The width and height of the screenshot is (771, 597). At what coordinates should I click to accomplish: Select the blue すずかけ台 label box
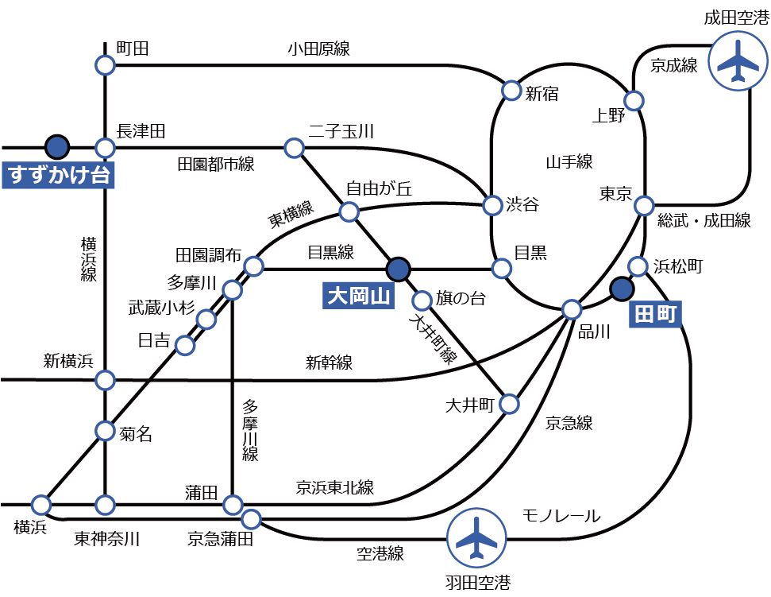pyautogui.click(x=57, y=174)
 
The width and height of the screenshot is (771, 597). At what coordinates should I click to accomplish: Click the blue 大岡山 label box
pyautogui.click(x=360, y=297)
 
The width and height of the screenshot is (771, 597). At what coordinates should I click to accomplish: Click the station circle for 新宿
pyautogui.click(x=511, y=90)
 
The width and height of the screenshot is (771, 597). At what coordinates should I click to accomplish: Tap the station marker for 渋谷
pyautogui.click(x=492, y=205)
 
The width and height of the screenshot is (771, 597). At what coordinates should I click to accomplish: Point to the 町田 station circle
pyautogui.click(x=105, y=65)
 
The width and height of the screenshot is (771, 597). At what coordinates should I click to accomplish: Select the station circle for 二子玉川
pyautogui.click(x=294, y=148)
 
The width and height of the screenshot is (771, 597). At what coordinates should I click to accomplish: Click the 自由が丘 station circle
pyautogui.click(x=349, y=211)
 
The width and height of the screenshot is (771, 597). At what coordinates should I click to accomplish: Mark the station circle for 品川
pyautogui.click(x=572, y=309)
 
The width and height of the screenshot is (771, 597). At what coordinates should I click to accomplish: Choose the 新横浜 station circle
pyautogui.click(x=105, y=380)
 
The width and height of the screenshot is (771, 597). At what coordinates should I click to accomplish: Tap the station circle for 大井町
pyautogui.click(x=509, y=404)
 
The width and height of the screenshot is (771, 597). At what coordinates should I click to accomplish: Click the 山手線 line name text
pyautogui.click(x=569, y=162)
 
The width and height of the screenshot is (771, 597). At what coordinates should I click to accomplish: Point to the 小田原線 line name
pyautogui.click(x=318, y=48)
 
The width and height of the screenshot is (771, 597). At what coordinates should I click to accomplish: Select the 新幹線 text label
pyautogui.click(x=329, y=362)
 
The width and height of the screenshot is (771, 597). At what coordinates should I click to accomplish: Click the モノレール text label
pyautogui.click(x=561, y=516)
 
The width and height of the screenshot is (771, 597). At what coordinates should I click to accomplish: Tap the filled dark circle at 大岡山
pyautogui.click(x=397, y=268)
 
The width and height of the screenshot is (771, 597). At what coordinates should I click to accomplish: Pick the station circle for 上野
pyautogui.click(x=634, y=101)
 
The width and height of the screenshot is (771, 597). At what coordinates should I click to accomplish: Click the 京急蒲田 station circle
pyautogui.click(x=251, y=520)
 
